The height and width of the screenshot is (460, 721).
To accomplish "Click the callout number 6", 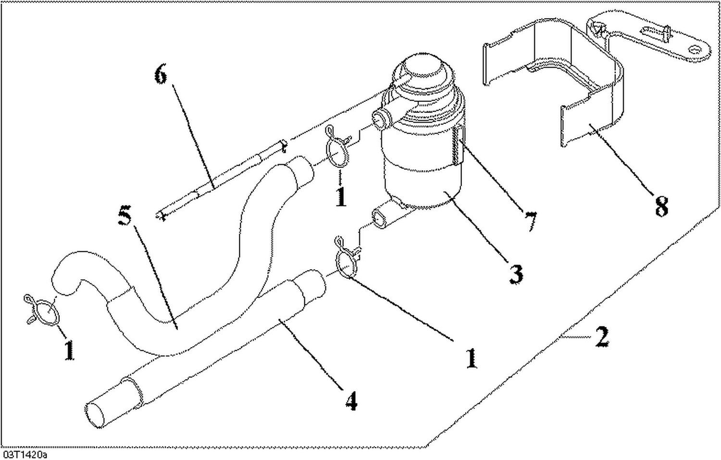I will pyautogui.click(x=161, y=75).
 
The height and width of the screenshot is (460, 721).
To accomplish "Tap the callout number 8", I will pyautogui.click(x=661, y=207).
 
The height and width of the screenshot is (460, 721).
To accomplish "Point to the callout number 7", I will pyautogui.click(x=530, y=222).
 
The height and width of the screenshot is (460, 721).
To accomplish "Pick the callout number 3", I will pyautogui.click(x=515, y=274).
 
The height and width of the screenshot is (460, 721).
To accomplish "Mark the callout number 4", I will pyautogui.click(x=351, y=400).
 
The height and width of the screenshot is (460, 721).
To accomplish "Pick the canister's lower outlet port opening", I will pyautogui.click(x=381, y=219).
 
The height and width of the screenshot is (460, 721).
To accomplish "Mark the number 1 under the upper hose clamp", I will pyautogui.click(x=341, y=197).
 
